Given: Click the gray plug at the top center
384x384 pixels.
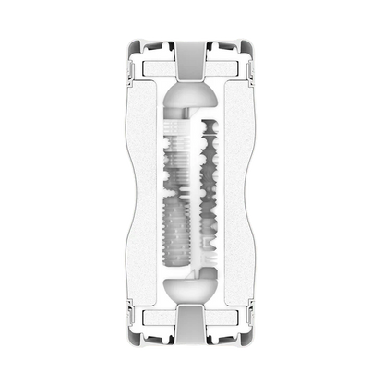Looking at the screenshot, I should pyautogui.click(x=192, y=63).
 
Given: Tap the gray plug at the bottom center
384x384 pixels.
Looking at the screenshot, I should pyautogui.click(x=192, y=323).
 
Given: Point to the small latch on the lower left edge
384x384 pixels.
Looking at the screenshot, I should pyautogui.click(x=133, y=314).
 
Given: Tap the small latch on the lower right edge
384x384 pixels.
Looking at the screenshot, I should pyautogui.click(x=251, y=314).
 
